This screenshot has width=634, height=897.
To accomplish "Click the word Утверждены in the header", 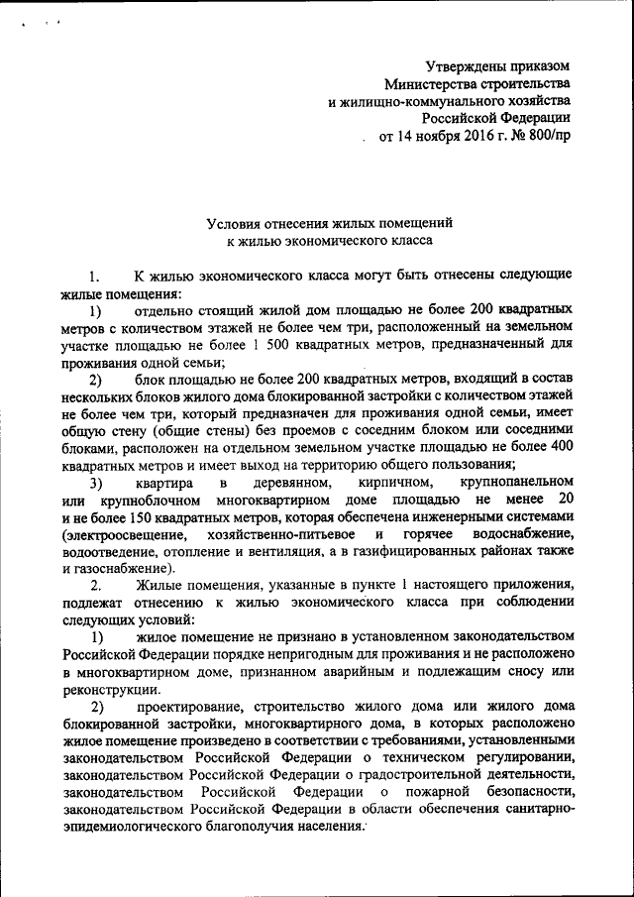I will (465, 66).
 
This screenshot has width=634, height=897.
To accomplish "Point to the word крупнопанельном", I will (510, 483).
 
